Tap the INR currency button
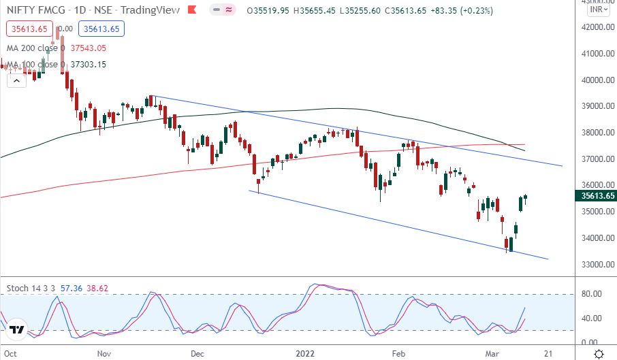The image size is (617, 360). coord(597,10)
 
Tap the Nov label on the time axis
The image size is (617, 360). coord(104,354)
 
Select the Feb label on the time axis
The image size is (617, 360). coord(399,354)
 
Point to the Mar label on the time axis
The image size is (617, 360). coord(494,354)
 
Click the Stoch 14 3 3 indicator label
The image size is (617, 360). coord(31,289)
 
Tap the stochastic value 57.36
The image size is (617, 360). coord(71,289)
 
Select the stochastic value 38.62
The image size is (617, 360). coord(98,289)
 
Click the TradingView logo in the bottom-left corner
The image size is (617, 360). coord(18,330)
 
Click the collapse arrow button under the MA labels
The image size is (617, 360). coord(16,80)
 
